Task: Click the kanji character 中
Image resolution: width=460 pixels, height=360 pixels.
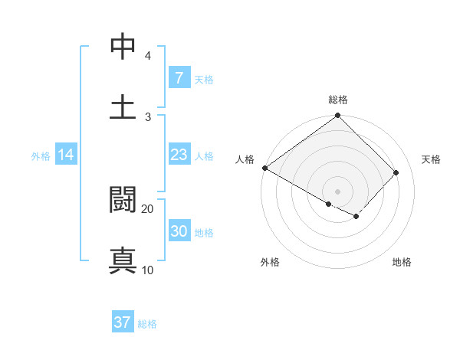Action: [x=123, y=47]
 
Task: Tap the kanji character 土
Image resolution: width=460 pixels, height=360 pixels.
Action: [x=123, y=106]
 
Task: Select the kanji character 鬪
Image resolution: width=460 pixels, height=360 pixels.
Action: [x=123, y=200]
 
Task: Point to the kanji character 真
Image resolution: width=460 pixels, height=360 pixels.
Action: [x=123, y=260]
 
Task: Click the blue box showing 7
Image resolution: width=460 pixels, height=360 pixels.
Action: [x=179, y=77]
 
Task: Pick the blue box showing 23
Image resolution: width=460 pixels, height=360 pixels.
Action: [x=179, y=155]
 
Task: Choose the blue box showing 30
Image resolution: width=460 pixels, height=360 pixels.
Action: [x=179, y=231]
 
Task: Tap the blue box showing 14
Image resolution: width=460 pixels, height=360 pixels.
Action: [x=66, y=155]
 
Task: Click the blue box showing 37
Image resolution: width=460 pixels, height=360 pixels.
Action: [x=122, y=322]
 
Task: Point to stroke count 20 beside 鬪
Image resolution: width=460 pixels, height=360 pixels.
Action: [x=148, y=208]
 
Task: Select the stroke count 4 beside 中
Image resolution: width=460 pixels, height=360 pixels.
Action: [x=148, y=56]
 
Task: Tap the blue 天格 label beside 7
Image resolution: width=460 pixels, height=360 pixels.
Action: [x=204, y=79]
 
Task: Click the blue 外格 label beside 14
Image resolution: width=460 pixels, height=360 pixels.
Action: [x=41, y=156]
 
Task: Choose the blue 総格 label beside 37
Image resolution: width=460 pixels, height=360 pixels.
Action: [x=147, y=324]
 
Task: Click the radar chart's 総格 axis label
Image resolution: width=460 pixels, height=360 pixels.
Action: [x=337, y=100]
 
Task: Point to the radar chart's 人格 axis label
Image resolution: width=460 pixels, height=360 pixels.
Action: [x=245, y=159]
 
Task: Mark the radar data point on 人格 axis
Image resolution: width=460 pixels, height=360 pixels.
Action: [x=264, y=168]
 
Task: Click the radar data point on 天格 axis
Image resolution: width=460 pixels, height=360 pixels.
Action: [x=396, y=172]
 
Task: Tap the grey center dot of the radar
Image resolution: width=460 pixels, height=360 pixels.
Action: [x=337, y=191]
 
